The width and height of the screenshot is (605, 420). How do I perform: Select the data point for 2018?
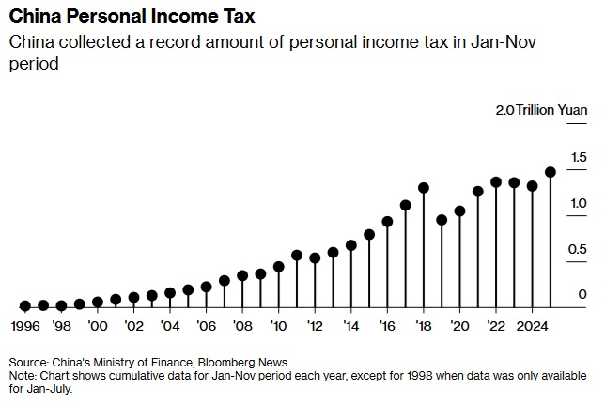point(424,188)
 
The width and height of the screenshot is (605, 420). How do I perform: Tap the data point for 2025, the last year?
point(551,172)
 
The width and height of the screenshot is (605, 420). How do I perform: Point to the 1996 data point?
point(25,305)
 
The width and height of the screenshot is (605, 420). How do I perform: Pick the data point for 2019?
point(442,220)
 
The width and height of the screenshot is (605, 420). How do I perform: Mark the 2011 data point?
point(297,255)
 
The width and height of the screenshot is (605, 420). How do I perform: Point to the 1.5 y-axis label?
point(578,156)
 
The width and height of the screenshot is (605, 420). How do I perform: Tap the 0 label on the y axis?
point(582,294)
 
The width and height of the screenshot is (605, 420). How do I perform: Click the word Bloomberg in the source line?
point(227,362)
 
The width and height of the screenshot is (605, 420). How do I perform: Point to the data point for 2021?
point(478,191)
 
